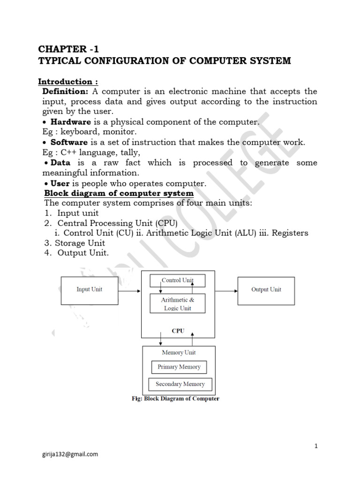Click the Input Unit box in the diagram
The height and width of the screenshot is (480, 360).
89,290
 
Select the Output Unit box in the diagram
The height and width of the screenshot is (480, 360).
266,290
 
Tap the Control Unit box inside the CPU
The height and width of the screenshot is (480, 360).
177,281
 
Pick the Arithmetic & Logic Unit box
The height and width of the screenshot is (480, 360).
177,304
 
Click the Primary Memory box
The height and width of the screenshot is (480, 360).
179,367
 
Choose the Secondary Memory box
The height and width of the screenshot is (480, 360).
180,384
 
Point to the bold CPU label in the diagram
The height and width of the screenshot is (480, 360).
178,330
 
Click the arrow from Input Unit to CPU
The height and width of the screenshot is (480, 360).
129,291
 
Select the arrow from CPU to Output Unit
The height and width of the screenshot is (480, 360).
226,291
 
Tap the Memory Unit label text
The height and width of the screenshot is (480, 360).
179,352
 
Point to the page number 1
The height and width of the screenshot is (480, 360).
316,446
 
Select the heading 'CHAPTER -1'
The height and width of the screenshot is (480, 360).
68,49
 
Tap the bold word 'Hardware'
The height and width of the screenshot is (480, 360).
70,122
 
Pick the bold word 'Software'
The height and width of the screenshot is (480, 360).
69,142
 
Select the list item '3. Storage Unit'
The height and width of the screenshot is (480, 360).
75,243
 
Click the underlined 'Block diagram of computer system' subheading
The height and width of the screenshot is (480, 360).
119,193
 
